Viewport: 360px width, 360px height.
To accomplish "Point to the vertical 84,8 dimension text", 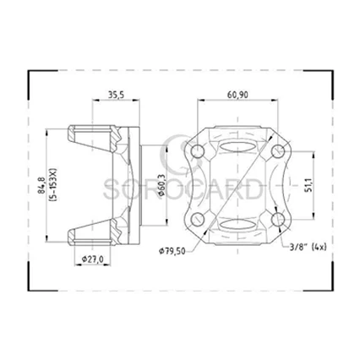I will tap(42, 181).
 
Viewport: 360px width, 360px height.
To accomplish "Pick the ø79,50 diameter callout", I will tap(175, 250).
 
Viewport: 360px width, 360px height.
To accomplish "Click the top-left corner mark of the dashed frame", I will tap(31, 72).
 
